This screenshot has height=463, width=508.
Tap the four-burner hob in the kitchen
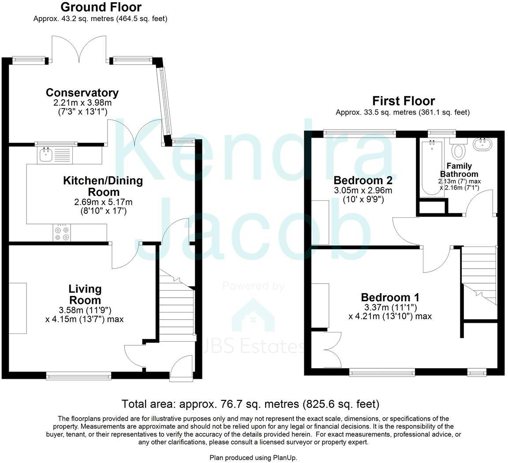point(61,233)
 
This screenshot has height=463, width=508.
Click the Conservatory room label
point(82,93)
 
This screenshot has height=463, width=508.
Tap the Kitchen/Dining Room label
point(103,186)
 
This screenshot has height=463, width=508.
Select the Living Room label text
point(85,295)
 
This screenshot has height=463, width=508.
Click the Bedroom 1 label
point(390,297)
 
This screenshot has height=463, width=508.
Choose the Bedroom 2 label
point(363,180)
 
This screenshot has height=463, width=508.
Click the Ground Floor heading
point(101,7)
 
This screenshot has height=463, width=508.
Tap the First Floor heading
point(403,101)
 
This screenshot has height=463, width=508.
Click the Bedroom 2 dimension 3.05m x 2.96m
point(363,190)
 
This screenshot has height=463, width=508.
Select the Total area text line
point(250,404)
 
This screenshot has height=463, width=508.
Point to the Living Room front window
point(78,376)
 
